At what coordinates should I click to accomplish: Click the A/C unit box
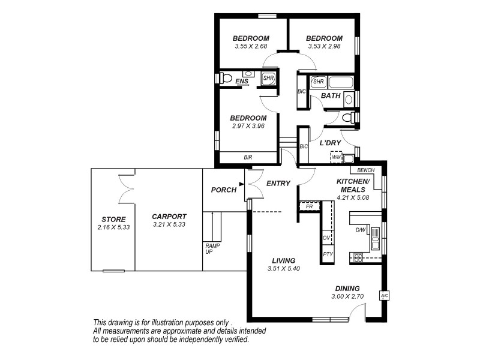coord(384,296)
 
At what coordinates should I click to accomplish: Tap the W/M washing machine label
coord(336,157)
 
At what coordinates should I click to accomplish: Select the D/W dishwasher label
coord(360,230)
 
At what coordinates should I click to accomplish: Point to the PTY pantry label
coord(328,254)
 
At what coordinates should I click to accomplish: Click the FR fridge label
coord(309,206)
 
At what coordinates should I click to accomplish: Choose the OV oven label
coord(327,238)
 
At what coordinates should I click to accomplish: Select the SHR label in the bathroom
coord(318,82)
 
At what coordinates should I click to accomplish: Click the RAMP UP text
coord(212,248)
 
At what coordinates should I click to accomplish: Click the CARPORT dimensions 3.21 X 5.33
coord(169,224)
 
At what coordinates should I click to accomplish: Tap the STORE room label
coord(113,219)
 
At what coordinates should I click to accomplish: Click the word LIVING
coord(283,260)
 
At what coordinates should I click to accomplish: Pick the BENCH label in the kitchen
coord(365,170)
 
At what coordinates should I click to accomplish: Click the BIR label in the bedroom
coord(248,157)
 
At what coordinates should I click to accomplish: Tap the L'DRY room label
coord(330,143)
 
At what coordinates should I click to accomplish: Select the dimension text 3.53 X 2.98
coord(325,46)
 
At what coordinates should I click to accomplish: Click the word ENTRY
coord(278,184)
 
